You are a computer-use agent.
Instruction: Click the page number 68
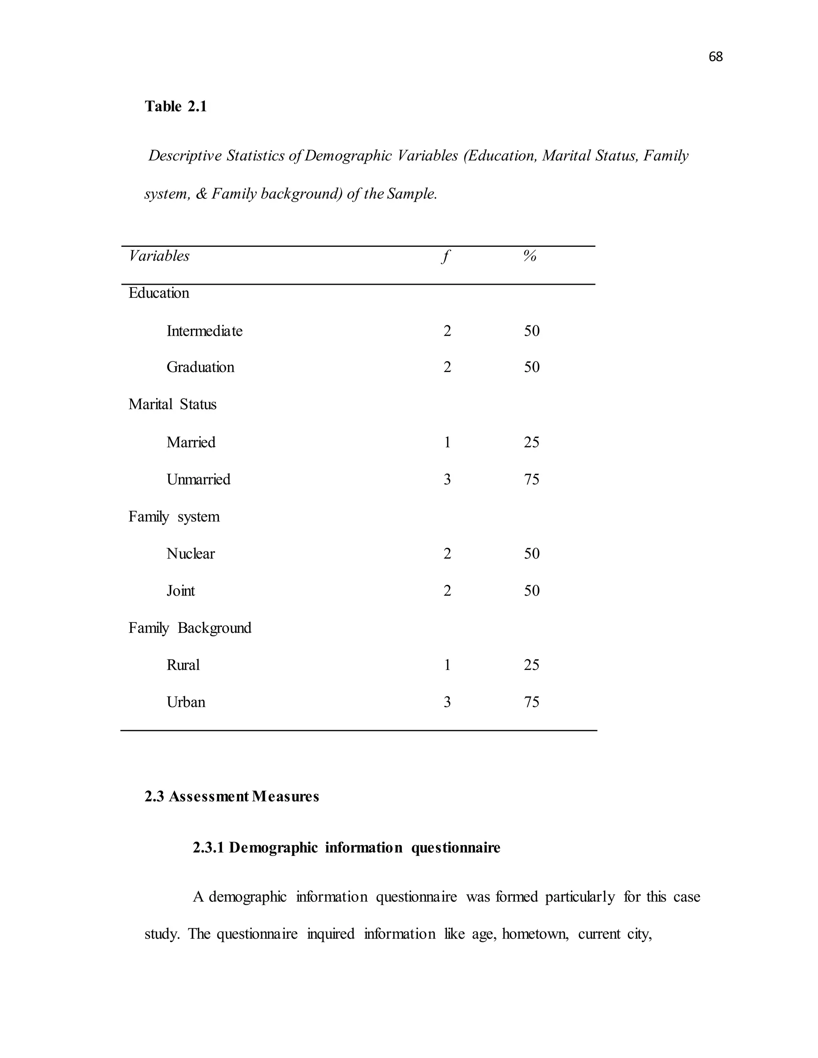click(x=715, y=57)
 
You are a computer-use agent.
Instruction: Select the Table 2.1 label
click(x=175, y=107)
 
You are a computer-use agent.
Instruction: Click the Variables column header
click(x=159, y=256)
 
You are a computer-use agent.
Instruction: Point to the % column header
click(x=530, y=256)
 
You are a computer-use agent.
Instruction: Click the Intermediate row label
click(x=204, y=331)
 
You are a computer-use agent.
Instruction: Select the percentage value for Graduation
click(x=532, y=367)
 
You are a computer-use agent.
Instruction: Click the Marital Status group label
click(x=172, y=404)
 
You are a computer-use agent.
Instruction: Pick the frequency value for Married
click(x=447, y=442)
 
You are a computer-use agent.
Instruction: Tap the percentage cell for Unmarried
click(x=532, y=479)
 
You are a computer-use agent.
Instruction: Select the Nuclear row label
click(x=191, y=554)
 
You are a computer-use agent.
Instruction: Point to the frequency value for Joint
click(x=447, y=591)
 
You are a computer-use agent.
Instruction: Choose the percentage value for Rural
click(x=532, y=665)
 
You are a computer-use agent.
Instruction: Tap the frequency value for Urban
click(x=447, y=702)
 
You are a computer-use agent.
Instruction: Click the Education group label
click(x=159, y=293)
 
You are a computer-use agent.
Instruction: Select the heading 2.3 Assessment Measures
click(x=232, y=797)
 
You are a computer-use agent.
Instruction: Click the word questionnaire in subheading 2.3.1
click(x=455, y=848)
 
